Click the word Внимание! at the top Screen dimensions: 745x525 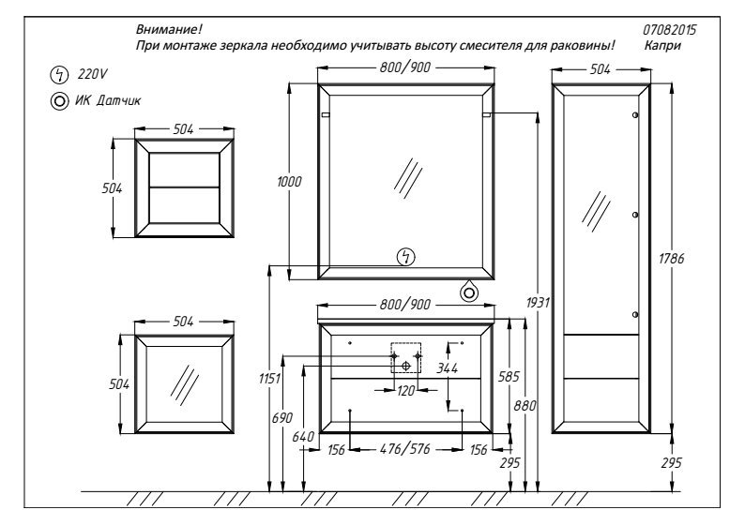click(x=169, y=29)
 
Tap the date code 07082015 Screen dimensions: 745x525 click(x=669, y=30)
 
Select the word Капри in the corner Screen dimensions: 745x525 click(x=662, y=46)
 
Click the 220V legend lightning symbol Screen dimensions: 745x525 click(x=59, y=74)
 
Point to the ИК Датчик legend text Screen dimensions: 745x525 click(x=108, y=100)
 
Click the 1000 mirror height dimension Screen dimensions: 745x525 click(x=289, y=181)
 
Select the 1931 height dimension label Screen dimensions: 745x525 click(x=538, y=303)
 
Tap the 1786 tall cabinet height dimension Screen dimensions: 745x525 click(x=672, y=259)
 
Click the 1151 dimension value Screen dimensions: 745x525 click(x=270, y=379)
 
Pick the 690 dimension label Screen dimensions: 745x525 click(x=282, y=418)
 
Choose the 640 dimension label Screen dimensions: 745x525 click(x=303, y=437)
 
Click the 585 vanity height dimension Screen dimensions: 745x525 click(x=509, y=377)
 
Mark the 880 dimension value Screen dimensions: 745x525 click(x=525, y=406)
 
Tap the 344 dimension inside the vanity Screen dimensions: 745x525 click(x=448, y=367)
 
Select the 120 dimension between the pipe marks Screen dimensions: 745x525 click(x=405, y=391)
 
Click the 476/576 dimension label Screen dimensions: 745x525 click(x=405, y=449)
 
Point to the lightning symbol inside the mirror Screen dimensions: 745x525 click(x=405, y=257)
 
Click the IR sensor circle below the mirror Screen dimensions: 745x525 click(x=469, y=292)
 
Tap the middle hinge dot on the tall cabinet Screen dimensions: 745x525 click(x=635, y=215)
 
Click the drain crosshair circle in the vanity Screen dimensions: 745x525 click(x=405, y=366)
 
